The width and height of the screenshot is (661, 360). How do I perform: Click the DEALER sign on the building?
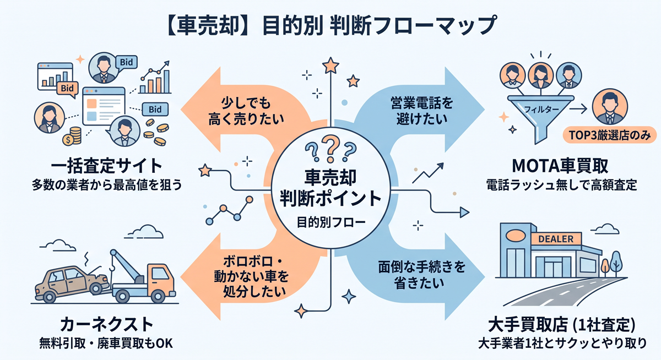[556, 238]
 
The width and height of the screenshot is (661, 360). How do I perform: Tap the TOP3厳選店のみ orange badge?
[609, 135]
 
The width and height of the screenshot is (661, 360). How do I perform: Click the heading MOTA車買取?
[560, 166]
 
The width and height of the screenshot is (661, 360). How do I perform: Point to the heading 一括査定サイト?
[106, 166]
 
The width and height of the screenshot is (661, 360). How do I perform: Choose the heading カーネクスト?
[106, 324]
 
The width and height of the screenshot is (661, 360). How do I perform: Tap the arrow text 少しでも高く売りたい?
[246, 111]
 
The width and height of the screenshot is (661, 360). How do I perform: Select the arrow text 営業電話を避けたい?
[422, 111]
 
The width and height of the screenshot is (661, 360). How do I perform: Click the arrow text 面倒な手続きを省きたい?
[422, 275]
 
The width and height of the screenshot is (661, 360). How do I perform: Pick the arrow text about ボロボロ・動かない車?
[251, 276]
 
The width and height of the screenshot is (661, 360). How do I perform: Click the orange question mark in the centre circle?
[331, 148]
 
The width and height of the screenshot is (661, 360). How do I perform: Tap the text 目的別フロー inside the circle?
[331, 222]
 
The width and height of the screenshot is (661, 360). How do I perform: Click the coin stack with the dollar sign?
[72, 136]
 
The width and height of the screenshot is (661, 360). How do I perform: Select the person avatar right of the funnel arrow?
[610, 106]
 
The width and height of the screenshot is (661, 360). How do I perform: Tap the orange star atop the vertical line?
[330, 66]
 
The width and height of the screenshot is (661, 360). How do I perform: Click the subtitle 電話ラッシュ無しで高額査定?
[561, 185]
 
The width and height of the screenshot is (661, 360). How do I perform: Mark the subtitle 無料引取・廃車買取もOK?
[106, 343]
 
